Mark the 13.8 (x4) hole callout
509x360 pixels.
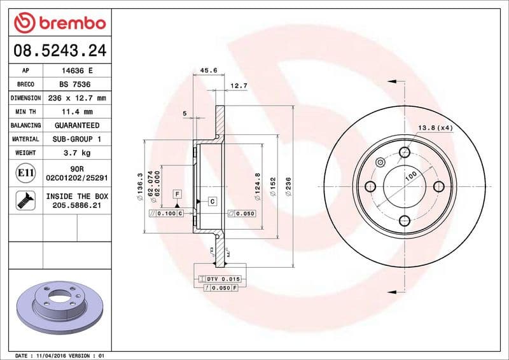click(x=436, y=128)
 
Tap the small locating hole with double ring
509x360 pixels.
click(x=380, y=162)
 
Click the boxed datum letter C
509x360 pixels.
click(x=213, y=201)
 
